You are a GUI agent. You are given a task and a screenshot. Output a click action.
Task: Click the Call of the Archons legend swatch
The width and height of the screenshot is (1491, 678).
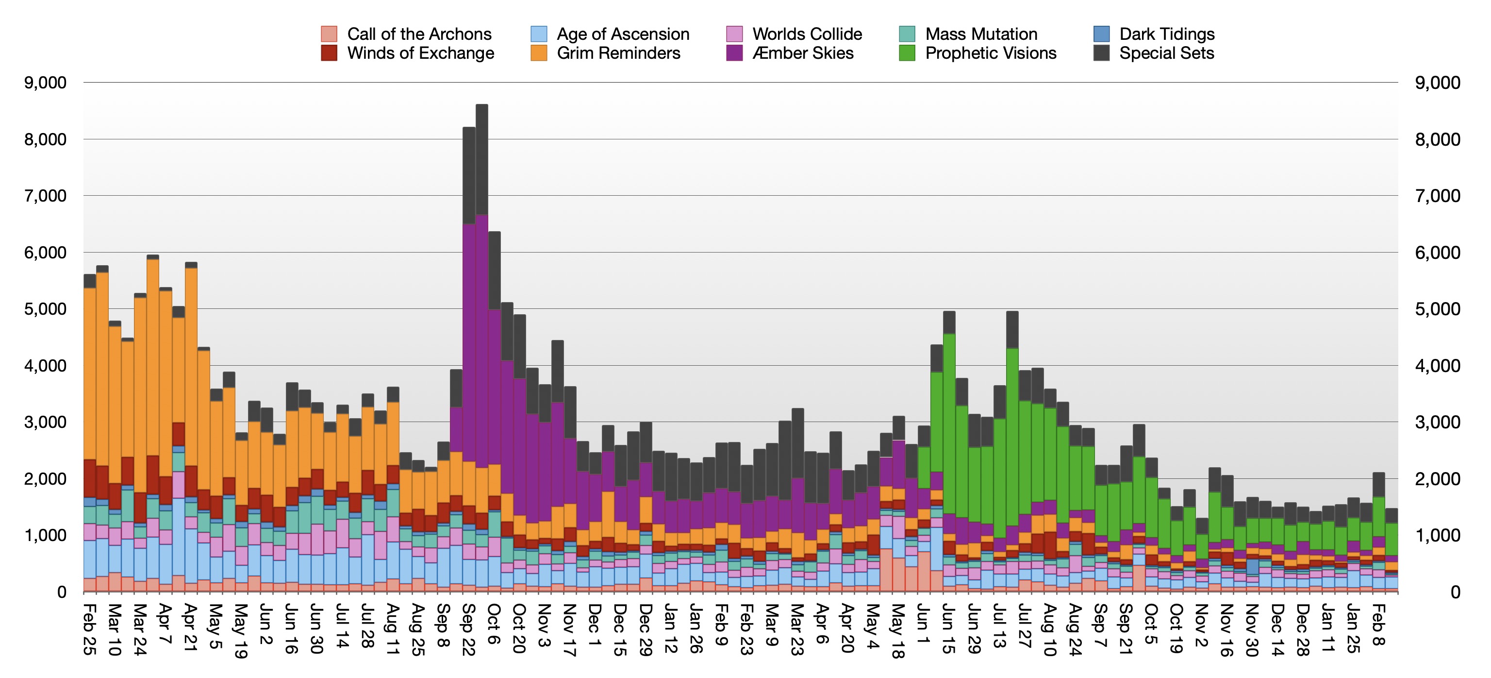(x=329, y=34)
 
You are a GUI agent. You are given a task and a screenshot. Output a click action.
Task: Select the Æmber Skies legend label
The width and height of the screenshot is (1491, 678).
(x=803, y=53)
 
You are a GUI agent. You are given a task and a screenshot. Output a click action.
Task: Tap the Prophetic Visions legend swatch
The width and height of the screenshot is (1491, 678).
(x=907, y=53)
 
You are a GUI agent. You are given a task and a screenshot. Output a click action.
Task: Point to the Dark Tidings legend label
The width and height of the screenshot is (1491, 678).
(x=1167, y=34)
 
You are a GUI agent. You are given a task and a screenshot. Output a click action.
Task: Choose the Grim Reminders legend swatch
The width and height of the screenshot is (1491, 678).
(x=538, y=53)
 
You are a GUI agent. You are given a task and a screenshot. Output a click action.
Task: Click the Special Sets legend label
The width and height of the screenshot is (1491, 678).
(x=1166, y=53)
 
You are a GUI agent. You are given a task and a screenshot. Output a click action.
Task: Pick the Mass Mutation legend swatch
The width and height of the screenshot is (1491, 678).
(x=907, y=34)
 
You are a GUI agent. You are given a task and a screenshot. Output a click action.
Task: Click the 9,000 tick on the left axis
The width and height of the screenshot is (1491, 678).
(x=45, y=83)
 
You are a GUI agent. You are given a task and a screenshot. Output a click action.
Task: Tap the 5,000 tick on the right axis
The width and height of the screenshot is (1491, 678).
(x=1438, y=309)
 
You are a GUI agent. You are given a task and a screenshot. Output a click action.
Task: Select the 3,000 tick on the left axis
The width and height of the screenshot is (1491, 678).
(x=45, y=422)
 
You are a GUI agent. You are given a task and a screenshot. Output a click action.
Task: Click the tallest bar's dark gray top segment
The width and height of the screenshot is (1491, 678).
(x=481, y=159)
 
